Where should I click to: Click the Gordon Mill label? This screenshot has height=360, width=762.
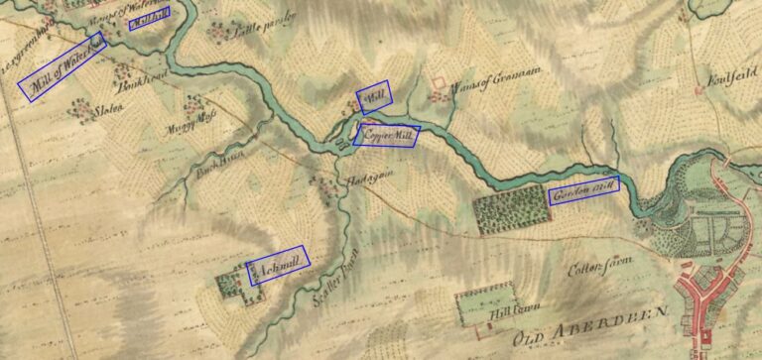point(583,191)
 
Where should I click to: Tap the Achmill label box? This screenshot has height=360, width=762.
point(277,265)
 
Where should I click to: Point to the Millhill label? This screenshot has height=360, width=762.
point(149,18)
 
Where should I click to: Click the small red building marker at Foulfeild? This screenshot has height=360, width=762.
point(699,90)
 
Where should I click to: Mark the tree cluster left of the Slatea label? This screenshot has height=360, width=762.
point(78,107)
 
